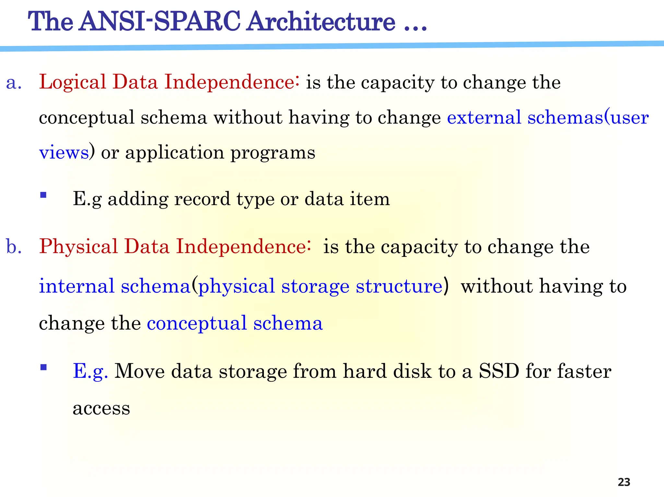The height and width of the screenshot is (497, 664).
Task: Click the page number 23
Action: click(624, 482)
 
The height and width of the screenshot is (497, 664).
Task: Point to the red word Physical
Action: click(78, 247)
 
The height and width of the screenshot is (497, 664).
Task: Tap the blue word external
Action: click(484, 117)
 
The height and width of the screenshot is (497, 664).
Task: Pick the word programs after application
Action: click(272, 153)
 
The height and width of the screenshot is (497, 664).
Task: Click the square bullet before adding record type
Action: click(43, 195)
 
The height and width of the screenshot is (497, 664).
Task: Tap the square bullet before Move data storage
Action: click(43, 367)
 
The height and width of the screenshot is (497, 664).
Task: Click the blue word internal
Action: click(77, 286)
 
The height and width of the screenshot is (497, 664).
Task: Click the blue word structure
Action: click(399, 286)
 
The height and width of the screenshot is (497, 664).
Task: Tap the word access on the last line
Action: click(101, 409)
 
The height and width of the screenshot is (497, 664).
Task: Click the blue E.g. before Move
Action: click(90, 372)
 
